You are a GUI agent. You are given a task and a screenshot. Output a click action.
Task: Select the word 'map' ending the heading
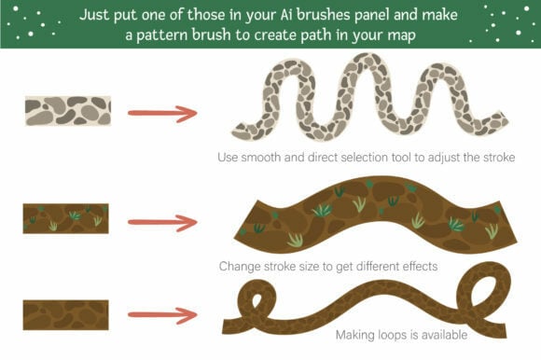pos(402,35)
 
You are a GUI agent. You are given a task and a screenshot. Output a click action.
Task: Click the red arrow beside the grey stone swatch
pos(162,114)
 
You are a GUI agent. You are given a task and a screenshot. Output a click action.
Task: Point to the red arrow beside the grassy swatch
pos(162,223)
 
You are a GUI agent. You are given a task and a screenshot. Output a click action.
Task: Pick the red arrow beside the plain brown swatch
pos(162,315)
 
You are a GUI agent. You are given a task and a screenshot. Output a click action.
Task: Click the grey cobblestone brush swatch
pos(68,111)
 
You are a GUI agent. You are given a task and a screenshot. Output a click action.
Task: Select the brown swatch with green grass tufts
pos(66,218)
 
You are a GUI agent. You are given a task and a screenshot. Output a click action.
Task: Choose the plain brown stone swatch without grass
pos(66,315)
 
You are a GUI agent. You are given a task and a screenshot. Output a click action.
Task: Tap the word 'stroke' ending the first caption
pos(499,158)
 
